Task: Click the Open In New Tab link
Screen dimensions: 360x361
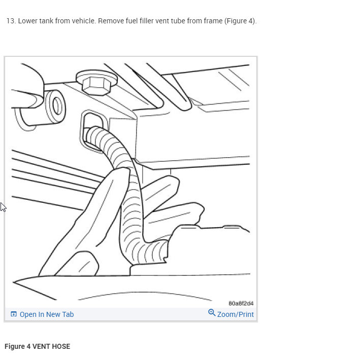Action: (46, 314)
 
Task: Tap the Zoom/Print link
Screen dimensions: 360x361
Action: (235, 314)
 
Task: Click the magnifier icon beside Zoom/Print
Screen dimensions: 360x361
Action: (212, 313)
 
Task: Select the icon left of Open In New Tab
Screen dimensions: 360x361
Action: (14, 314)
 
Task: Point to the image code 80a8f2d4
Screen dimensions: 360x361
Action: (241, 303)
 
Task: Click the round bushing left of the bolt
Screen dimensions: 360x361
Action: (56, 105)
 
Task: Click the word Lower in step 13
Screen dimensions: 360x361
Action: (28, 21)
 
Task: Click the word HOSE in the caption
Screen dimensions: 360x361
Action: (60, 346)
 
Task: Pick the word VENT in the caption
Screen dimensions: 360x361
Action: (41, 346)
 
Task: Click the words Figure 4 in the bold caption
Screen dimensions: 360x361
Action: (17, 346)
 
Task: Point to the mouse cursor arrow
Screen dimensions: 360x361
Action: (3, 207)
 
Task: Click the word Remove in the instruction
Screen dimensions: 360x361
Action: (110, 21)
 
